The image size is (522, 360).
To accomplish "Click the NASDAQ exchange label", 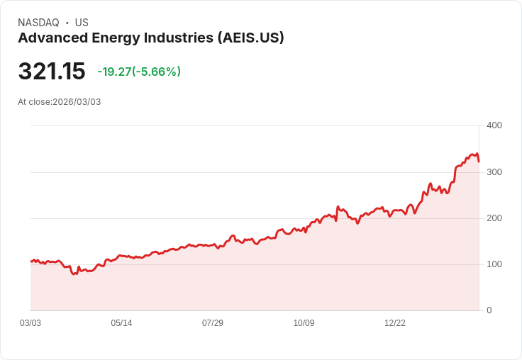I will [38, 23].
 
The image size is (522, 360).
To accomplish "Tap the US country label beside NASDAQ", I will [82, 23].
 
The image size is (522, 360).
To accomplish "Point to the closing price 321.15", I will [52, 72].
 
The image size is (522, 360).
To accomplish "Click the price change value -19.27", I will [114, 72].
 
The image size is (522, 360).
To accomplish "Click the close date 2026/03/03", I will [77, 102].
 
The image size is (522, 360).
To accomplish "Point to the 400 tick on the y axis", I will [494, 125].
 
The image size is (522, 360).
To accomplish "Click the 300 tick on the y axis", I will [494, 172].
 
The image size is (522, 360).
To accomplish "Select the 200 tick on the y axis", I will [494, 218].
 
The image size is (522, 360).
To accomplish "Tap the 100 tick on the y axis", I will [494, 264].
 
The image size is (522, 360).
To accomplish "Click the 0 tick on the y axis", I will [489, 310].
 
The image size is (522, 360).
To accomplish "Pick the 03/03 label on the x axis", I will [30, 323].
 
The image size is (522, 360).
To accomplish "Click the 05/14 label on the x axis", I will [121, 323].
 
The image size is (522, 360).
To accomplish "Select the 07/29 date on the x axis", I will [213, 323].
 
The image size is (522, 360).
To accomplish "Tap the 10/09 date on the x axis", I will [304, 323].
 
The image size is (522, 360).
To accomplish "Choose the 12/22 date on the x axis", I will [395, 323].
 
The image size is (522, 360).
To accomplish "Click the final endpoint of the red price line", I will [479, 162].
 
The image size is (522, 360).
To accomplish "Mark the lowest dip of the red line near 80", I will [74, 274].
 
